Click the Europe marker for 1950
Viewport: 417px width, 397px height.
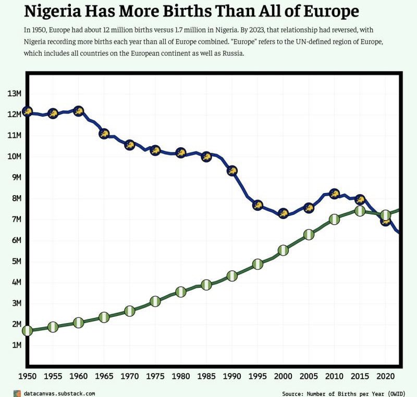27,111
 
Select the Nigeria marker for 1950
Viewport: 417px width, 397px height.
27,330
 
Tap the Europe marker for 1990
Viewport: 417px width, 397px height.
232,171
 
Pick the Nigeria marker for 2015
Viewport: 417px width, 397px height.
360,211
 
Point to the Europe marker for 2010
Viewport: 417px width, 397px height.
334,194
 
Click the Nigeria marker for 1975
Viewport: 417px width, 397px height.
155,301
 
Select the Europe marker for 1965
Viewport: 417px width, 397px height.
104,134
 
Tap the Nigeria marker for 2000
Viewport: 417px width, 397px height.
283,250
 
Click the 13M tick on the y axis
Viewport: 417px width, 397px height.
14,94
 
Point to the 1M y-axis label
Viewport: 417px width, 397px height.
14,345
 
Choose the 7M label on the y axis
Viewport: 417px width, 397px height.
14,220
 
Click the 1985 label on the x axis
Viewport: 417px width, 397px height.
206,376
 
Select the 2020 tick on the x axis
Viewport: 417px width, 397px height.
385,376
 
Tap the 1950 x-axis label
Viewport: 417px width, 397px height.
27,376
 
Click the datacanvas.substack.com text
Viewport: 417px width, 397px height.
59,393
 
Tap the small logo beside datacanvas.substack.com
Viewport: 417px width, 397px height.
17,393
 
